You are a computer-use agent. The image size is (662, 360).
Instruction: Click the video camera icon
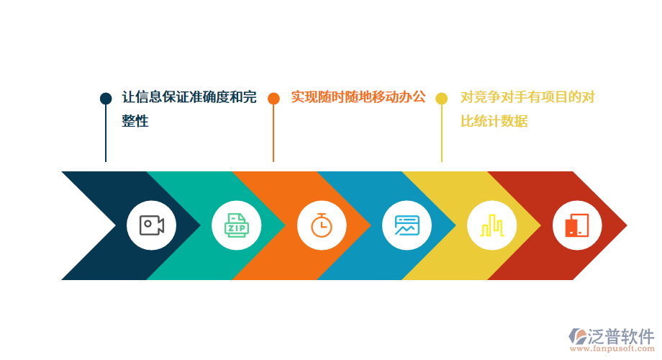pos(151,225)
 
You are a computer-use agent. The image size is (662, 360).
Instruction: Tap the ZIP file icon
pos(236,225)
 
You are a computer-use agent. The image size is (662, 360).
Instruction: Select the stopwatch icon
pos(321,225)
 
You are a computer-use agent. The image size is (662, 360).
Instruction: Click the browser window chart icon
pos(407,225)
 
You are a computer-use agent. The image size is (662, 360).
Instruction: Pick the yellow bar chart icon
pos(492,225)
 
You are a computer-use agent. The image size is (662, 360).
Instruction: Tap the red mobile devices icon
pos(577,225)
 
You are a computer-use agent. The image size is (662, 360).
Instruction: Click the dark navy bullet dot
pos(106,99)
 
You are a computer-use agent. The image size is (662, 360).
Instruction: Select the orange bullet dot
pos(273,99)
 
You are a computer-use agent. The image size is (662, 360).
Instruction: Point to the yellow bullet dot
pos(442,99)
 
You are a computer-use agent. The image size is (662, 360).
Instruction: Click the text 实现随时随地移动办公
pos(358,97)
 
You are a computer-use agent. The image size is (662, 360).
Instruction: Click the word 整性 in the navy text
pos(135,122)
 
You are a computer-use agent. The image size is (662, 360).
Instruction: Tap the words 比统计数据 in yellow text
pos(494,122)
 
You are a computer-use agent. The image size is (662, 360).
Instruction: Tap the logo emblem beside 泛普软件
pos(577,336)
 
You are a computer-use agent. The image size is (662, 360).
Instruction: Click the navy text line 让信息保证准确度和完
pos(189,97)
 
